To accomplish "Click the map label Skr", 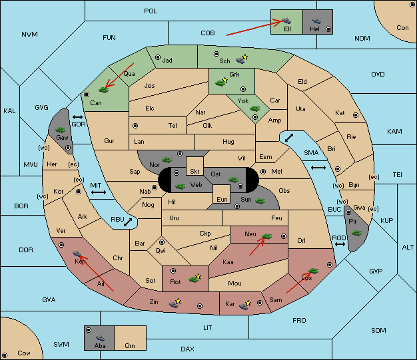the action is point(195,172).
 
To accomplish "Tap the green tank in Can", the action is point(103,90).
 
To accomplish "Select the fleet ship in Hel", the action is point(316,21).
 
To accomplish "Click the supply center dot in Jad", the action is point(158,57).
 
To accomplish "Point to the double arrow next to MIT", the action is point(99,192).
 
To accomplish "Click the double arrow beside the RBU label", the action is point(128,222).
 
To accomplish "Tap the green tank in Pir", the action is point(356,233).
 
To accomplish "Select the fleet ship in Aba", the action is point(101,337).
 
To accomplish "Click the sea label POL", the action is point(151,11).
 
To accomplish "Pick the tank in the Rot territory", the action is point(194,279).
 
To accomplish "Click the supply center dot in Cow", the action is point(5,355).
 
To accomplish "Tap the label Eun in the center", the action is point(222,199).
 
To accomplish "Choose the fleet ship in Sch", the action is point(240,61).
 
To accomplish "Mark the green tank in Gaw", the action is point(61,130).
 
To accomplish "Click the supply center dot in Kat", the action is point(356,115).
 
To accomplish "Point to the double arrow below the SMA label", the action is point(318,168).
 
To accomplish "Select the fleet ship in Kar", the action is point(244,306).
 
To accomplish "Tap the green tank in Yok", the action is point(254,108).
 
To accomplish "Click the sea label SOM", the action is point(378,330).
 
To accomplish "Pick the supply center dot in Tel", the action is point(135,126).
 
